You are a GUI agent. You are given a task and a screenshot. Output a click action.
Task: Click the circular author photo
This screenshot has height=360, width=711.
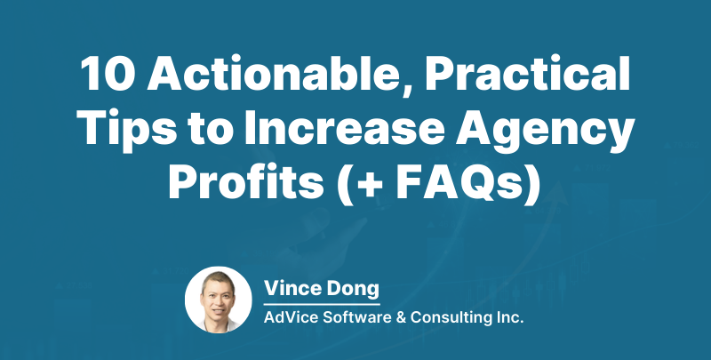click(218, 300)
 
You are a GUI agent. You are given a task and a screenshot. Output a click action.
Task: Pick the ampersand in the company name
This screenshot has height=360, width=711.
click(403, 316)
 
